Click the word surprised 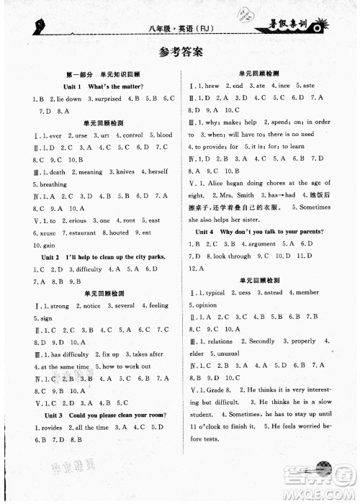[x=106, y=99]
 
